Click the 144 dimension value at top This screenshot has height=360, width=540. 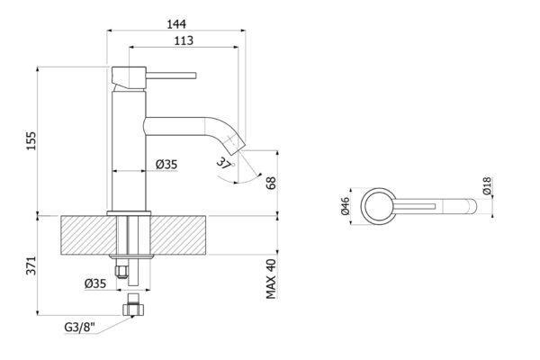(x=176, y=23)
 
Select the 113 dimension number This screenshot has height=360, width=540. (x=184, y=40)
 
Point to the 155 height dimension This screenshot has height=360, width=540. (x=31, y=140)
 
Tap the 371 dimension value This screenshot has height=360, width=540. (x=31, y=265)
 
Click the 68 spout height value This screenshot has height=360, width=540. (x=271, y=183)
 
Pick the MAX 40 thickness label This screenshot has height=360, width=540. (x=271, y=279)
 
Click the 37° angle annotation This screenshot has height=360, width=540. (x=225, y=162)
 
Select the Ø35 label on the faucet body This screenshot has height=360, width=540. (x=166, y=165)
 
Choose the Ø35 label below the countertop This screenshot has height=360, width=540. (x=95, y=283)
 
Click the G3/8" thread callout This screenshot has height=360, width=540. (x=79, y=327)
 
